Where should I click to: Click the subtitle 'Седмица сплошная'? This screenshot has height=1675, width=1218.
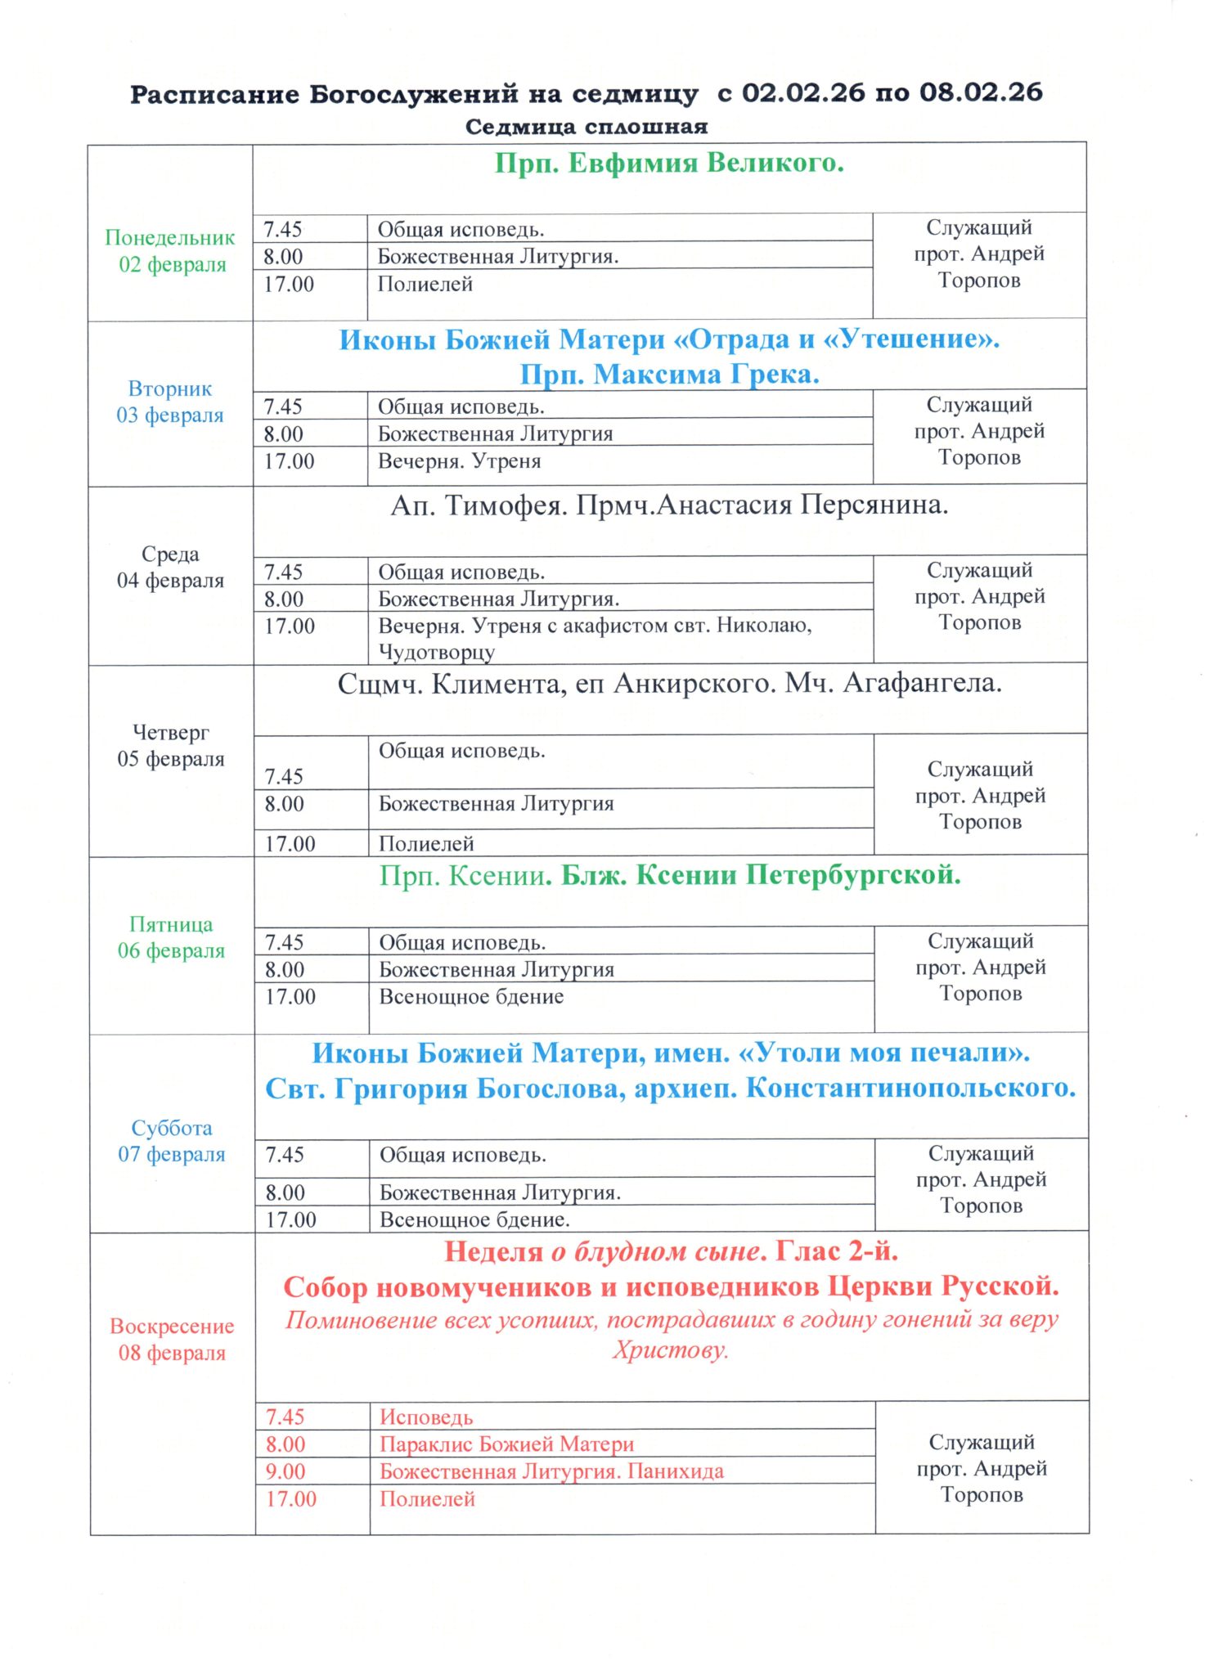pyautogui.click(x=587, y=127)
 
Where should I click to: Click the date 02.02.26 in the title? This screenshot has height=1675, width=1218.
pyautogui.click(x=802, y=92)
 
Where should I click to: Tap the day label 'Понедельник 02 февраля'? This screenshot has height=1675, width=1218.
pyautogui.click(x=171, y=250)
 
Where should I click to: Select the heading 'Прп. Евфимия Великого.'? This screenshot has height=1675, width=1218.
pyautogui.click(x=669, y=163)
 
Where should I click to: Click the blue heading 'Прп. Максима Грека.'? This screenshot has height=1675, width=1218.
pyautogui.click(x=669, y=375)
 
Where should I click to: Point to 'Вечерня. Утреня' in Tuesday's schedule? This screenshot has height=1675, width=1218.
pyautogui.click(x=459, y=461)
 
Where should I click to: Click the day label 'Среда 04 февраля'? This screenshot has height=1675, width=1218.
pyautogui.click(x=170, y=567)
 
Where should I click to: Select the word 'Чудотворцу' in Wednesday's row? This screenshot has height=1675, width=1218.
pyautogui.click(x=436, y=653)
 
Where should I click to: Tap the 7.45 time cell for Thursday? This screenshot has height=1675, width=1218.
pyautogui.click(x=284, y=776)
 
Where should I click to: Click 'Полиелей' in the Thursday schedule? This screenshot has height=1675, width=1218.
pyautogui.click(x=426, y=843)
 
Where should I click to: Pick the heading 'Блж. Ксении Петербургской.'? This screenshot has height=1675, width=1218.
pyautogui.click(x=760, y=875)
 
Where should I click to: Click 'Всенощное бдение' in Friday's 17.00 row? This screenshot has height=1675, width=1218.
pyautogui.click(x=471, y=997)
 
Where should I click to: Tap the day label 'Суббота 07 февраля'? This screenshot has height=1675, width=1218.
pyautogui.click(x=172, y=1141)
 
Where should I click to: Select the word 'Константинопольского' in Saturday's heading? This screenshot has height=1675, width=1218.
pyautogui.click(x=910, y=1089)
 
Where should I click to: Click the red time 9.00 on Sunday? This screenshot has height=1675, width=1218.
pyautogui.click(x=285, y=1471)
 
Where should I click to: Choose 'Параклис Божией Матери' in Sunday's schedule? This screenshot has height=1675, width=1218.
pyautogui.click(x=506, y=1444)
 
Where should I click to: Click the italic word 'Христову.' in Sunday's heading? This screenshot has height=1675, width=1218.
pyautogui.click(x=671, y=1350)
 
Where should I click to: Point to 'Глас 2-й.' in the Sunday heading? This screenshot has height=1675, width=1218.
pyautogui.click(x=837, y=1251)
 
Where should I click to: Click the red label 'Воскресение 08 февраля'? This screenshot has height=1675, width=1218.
pyautogui.click(x=172, y=1339)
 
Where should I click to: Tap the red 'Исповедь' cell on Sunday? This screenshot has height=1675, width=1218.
pyautogui.click(x=426, y=1417)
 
